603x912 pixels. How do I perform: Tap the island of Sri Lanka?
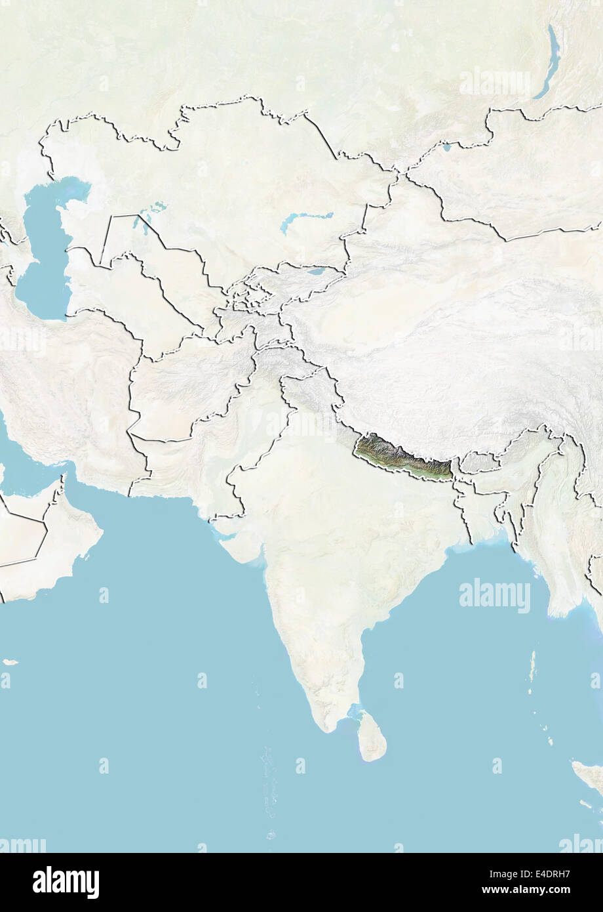pyautogui.click(x=372, y=737)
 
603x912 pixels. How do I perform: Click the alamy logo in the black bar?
pyautogui.click(x=66, y=882)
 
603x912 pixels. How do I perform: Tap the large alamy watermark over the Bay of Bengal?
pyautogui.click(x=494, y=596)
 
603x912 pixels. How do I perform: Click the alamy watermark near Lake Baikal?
pyautogui.click(x=494, y=83)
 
